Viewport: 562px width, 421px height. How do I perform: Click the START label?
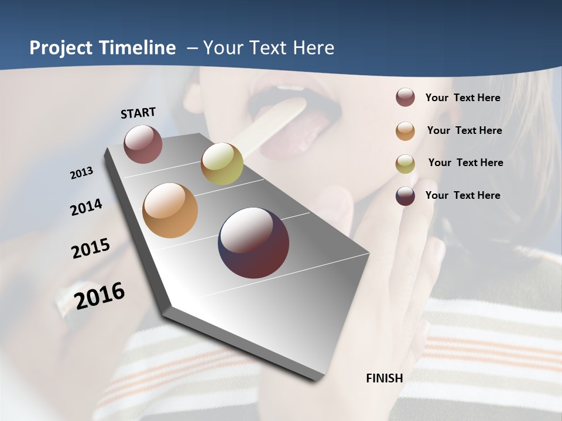pos(138,113)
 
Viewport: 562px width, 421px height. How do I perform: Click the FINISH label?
pos(384,378)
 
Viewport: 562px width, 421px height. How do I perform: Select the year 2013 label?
pos(81,173)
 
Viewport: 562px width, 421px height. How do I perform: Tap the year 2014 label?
pos(86,208)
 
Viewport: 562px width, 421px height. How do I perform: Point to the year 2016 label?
pos(100,296)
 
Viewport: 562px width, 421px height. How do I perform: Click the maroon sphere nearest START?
pos(143,144)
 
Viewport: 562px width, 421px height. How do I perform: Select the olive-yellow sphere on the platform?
pos(222,164)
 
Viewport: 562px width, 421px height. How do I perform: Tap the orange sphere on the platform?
pos(170,210)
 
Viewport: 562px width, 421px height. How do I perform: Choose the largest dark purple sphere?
pos(253,243)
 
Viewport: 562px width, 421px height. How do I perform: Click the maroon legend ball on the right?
pos(405,98)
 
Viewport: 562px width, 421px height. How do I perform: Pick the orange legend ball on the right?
pos(405,130)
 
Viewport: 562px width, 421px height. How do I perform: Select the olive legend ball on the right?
pos(405,163)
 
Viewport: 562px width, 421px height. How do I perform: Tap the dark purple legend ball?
pos(405,196)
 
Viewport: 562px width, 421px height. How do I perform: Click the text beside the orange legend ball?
pos(464,130)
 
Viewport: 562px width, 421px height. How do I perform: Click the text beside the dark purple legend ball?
pos(462,195)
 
